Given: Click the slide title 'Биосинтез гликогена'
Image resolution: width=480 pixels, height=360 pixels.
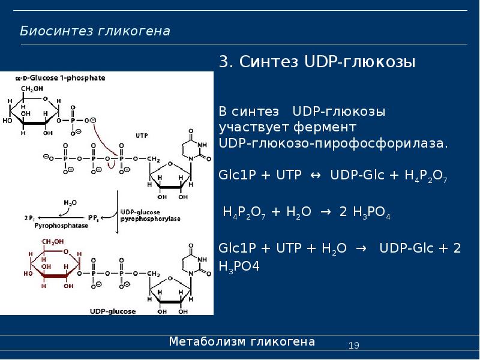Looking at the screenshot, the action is pos(95,31).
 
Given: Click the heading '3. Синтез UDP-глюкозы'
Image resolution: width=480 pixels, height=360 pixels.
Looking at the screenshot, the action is pos(317,62).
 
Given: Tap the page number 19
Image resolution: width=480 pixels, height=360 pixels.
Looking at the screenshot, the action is pos(353,346).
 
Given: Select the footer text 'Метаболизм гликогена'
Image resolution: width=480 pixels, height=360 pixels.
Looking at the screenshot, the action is pos(242,341).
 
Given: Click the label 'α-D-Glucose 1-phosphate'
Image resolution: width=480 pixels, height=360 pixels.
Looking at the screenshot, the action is pos(61,78).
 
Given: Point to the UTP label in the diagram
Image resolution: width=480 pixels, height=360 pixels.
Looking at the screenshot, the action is pos(142,136).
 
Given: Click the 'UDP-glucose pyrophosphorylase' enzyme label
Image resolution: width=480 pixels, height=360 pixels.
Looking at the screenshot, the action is pos(151,215).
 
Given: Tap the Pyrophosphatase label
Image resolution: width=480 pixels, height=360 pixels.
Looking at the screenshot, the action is pos(61,226).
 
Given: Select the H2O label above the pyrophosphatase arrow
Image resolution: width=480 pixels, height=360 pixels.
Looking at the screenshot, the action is pos(70,203).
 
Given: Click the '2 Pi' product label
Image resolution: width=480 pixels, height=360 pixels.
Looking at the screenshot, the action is pos(29,218).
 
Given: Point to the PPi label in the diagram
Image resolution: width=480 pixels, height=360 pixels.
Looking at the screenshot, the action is pos(94,218).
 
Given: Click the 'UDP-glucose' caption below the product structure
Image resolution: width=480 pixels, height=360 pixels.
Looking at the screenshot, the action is pos(113,311).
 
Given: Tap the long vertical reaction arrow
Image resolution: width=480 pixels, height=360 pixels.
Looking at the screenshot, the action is pos(117,212).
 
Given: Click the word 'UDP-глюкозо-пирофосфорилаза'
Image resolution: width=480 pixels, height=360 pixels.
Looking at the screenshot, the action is pos(334,143).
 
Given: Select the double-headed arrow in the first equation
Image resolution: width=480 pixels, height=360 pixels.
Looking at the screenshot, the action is pos(316,175).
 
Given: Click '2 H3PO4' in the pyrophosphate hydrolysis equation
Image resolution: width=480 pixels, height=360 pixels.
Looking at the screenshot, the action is pos(365,212).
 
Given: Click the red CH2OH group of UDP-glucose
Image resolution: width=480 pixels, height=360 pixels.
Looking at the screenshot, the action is pos(53,242).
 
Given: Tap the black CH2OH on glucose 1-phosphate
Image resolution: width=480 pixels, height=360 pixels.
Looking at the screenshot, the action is pos(32,89).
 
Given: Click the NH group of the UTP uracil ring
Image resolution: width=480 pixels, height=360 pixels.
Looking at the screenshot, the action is pos(202,145).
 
